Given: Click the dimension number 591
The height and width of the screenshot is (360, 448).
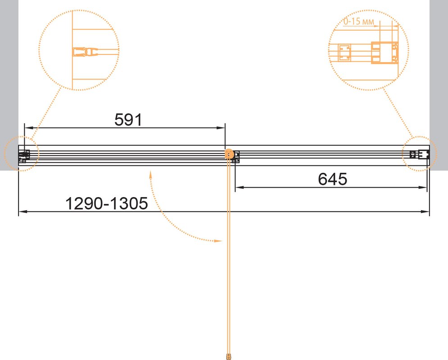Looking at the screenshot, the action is coord(128,120).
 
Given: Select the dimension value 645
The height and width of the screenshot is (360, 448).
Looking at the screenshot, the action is coord(333,179).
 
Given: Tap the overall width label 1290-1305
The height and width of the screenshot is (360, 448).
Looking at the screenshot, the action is coord(107,203).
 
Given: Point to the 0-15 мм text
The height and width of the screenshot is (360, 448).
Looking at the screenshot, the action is coord(358,22).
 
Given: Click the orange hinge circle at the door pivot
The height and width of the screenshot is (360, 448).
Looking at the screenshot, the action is coord(229,154).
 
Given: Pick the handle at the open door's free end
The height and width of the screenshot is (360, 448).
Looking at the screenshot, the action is coord(228,356).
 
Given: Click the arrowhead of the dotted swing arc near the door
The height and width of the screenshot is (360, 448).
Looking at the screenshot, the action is coord(218,241).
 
